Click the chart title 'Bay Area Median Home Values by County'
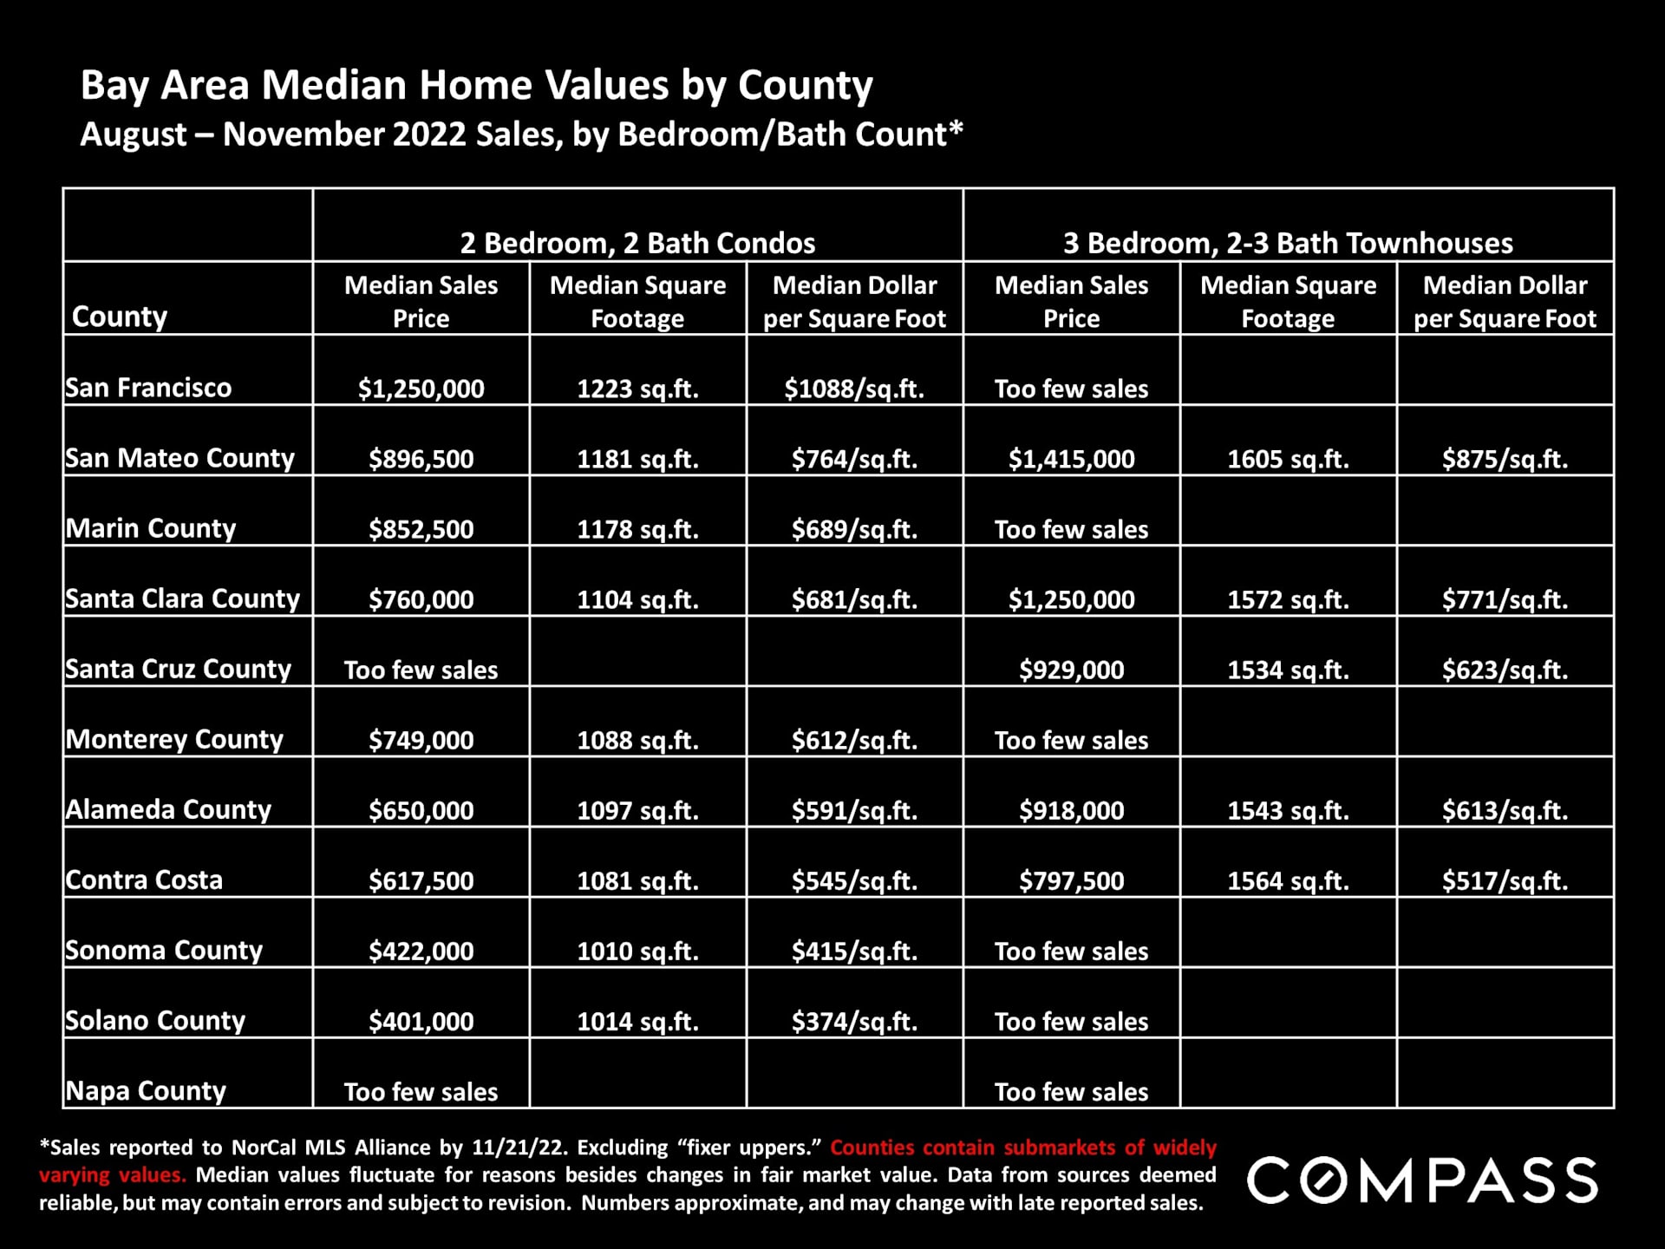tap(476, 86)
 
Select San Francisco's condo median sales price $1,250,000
tap(421, 389)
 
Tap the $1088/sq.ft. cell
tap(854, 389)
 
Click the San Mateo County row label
tap(180, 458)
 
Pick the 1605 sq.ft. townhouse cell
tap(1288, 459)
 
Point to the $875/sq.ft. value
tap(1505, 459)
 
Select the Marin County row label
tap(151, 528)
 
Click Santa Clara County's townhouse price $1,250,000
tap(1071, 599)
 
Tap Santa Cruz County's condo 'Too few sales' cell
tap(421, 670)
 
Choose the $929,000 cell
tap(1071, 670)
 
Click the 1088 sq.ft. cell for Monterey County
tap(637, 740)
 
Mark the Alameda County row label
tap(168, 809)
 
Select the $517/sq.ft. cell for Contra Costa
tap(1505, 880)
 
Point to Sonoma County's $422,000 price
tap(421, 951)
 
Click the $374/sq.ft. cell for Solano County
tap(854, 1021)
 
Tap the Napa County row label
tap(146, 1090)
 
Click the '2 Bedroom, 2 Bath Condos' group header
tap(637, 243)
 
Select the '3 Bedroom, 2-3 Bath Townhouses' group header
tap(1288, 243)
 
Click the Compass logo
tap(1422, 1180)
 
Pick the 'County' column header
tap(120, 317)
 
